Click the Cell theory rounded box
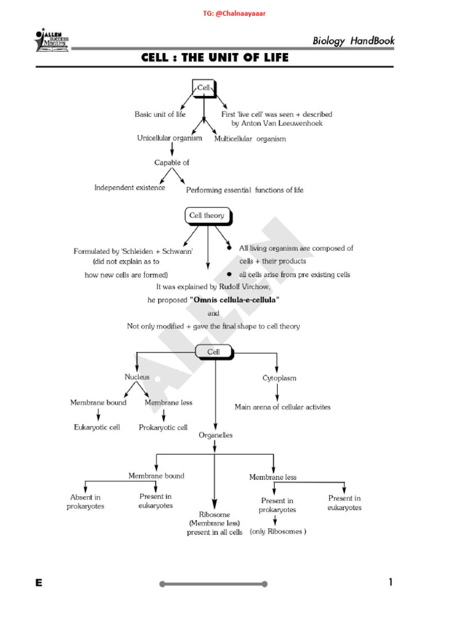[x=206, y=215]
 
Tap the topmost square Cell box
[x=203, y=88]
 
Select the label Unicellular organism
[x=169, y=139]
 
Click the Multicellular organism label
[x=250, y=139]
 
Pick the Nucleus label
[x=137, y=377]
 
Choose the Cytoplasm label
[x=279, y=378]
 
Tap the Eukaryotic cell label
[x=97, y=427]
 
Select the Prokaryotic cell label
[x=163, y=427]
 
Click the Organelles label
[x=216, y=435]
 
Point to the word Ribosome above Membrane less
[x=214, y=515]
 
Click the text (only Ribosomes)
[x=278, y=532]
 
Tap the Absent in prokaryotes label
[x=85, y=502]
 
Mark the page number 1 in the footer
[x=390, y=582]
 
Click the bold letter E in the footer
[x=38, y=583]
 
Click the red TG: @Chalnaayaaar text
[x=234, y=13]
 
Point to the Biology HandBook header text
[x=354, y=42]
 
